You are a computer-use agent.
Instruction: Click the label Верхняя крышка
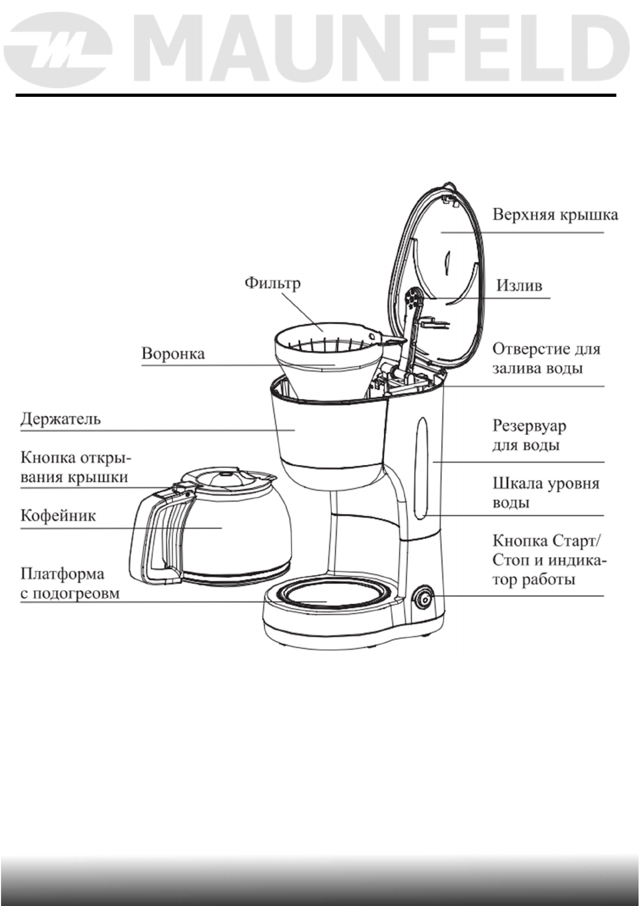555,215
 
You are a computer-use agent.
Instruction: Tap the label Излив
519,285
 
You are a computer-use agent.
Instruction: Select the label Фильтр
272,283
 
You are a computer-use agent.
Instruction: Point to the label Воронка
173,354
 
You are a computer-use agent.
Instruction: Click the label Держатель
61,419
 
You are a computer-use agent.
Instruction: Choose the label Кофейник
58,516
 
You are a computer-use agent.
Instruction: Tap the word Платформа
62,574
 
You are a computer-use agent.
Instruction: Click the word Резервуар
529,426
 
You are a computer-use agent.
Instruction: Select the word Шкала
516,483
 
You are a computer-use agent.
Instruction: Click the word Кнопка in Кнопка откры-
48,457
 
